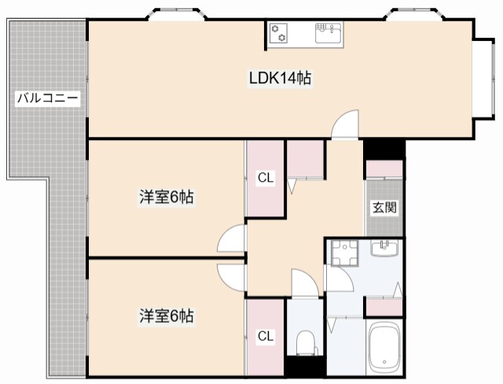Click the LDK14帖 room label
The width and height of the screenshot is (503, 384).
tap(280, 78)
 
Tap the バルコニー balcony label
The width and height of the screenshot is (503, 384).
tap(47, 98)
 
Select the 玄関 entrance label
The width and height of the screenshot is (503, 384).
tap(384, 208)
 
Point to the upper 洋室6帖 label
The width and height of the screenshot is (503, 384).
tap(166, 197)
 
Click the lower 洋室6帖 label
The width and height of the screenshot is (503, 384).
tap(166, 316)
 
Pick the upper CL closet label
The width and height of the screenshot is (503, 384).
tap(266, 178)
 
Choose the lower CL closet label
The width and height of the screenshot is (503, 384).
tap(266, 336)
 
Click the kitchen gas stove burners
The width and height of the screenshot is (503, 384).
tap(278, 33)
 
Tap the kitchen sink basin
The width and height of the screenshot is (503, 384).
tap(329, 33)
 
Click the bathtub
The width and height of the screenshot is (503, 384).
tap(384, 347)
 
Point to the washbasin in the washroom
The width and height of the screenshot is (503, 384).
tap(384, 248)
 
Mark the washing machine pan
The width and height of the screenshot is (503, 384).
tap(345, 253)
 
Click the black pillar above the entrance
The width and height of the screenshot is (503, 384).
tap(384, 150)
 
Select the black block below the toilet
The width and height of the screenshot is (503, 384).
tap(306, 366)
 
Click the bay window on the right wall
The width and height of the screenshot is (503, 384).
tap(484, 79)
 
